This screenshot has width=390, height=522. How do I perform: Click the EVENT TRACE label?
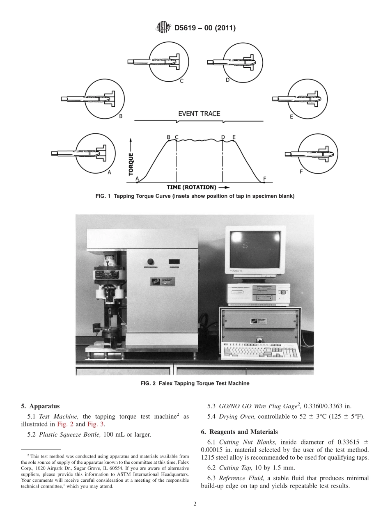tap(199, 114)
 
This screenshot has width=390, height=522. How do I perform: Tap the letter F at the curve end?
tap(265, 179)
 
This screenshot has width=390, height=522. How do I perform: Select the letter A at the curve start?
tap(137, 178)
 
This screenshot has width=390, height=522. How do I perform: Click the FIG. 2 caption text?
tap(195, 383)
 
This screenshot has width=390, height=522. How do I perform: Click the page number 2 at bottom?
tap(195, 504)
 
